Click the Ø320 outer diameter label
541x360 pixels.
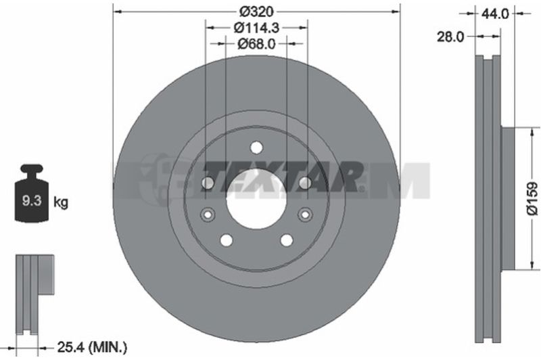[x=256, y=12]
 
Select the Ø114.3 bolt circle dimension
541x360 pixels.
[x=256, y=27]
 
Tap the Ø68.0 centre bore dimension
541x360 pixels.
[x=256, y=43]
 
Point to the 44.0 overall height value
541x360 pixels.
[x=495, y=14]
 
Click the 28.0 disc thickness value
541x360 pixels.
[x=450, y=37]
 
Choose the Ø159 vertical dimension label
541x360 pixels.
[x=533, y=198]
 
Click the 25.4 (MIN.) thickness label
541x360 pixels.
[x=92, y=347]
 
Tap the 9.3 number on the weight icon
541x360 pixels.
[x=32, y=200]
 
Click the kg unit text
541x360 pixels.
[x=61, y=202]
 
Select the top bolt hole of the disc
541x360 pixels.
[x=256, y=148]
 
